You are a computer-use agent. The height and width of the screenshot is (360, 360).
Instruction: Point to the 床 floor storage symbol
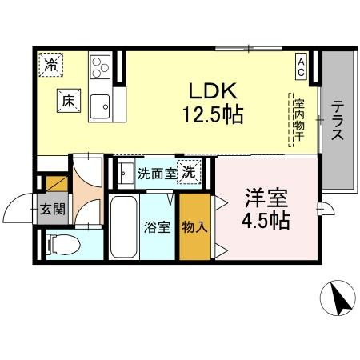tap(68, 101)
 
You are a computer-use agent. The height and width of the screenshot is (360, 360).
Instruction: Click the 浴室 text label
tap(157, 226)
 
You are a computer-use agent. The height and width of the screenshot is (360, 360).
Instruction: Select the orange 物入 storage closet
tap(194, 226)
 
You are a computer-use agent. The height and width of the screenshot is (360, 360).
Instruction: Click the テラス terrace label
tap(338, 121)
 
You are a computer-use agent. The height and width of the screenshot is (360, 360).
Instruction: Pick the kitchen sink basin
tap(100, 103)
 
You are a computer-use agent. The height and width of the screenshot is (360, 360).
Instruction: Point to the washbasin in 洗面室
tap(126, 171)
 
